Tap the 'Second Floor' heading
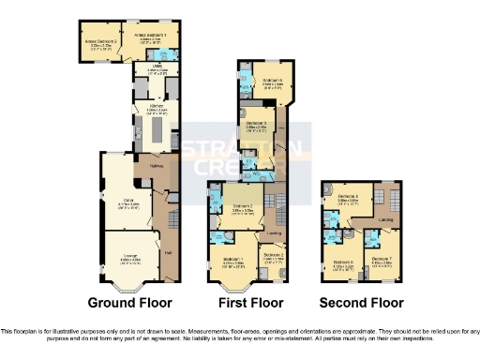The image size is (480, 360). click(x=361, y=303)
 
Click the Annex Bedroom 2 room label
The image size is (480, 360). click(x=101, y=42)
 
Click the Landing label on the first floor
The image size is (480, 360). click(x=274, y=231)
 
